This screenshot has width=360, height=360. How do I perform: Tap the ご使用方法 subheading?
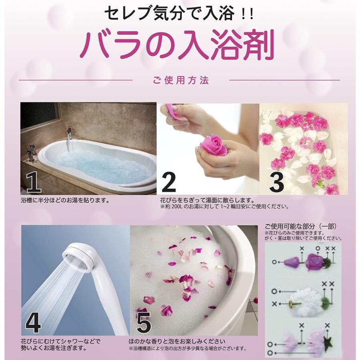click(180, 80)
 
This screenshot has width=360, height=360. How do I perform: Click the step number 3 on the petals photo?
click(276, 182)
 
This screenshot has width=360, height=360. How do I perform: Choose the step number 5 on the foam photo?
click(144, 322)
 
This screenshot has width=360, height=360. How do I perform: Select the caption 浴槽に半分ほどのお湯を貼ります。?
click(65, 200)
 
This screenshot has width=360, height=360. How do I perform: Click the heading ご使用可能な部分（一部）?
click(301, 226)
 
